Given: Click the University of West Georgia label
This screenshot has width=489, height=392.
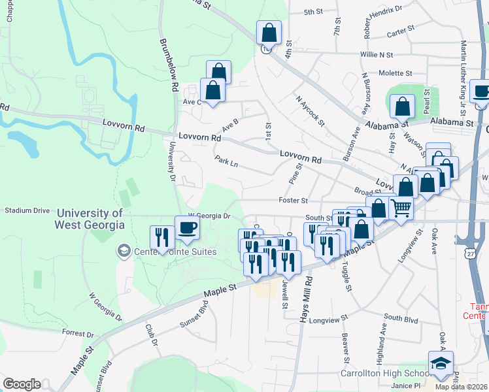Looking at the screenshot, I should click(90, 219).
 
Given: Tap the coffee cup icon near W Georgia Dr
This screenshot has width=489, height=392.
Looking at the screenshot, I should click(188, 228).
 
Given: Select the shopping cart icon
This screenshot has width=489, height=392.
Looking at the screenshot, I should click(401, 208).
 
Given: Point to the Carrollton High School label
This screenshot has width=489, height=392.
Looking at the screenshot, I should click(384, 374).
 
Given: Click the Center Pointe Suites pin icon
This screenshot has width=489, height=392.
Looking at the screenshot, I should click(123, 250).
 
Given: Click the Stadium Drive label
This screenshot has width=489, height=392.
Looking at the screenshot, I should click(27, 211).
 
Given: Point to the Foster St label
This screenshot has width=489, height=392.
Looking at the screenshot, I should click(292, 201).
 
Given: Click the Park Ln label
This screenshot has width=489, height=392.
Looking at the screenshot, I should click(226, 161).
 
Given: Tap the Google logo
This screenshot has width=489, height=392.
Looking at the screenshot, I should click(22, 384).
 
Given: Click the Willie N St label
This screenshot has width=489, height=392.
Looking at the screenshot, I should click(376, 55).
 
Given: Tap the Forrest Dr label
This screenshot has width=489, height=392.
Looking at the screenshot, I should click(78, 333).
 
